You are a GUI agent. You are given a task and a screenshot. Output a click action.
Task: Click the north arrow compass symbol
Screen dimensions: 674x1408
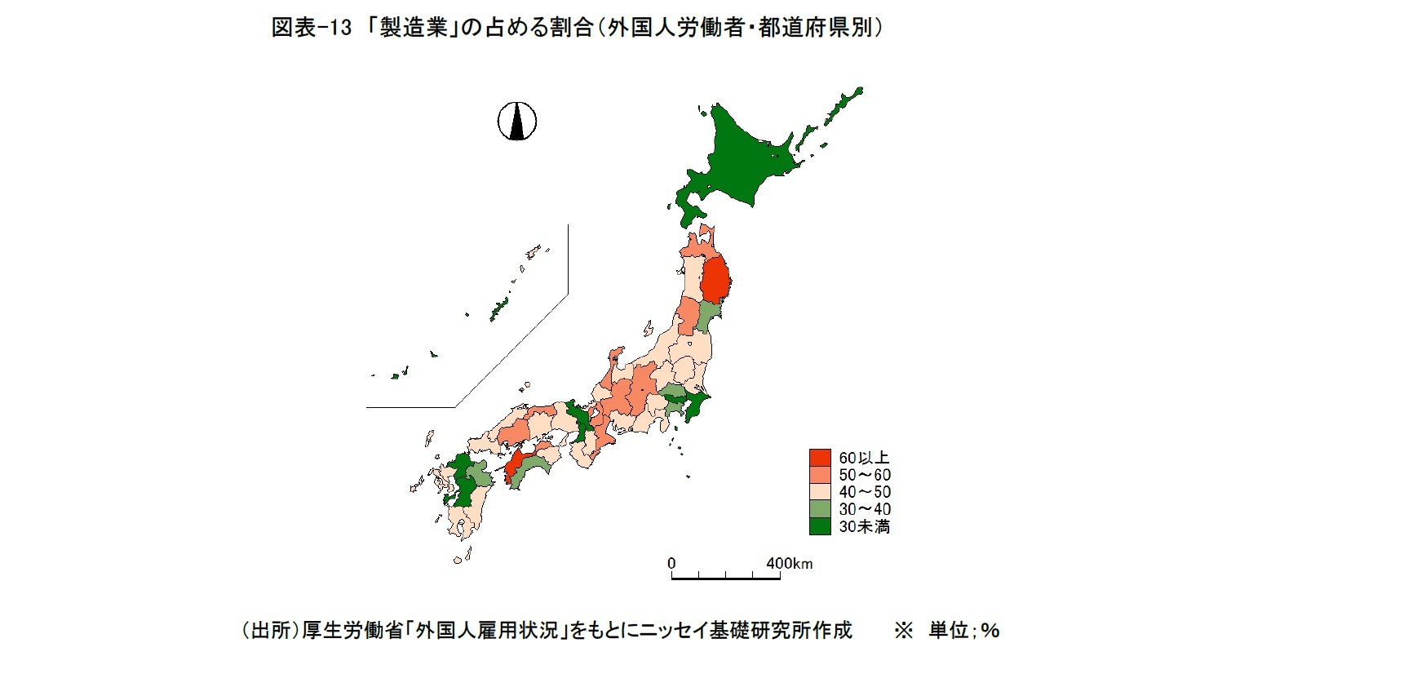[517, 122]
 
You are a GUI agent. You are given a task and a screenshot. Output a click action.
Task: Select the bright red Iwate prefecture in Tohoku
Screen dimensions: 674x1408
[715, 280]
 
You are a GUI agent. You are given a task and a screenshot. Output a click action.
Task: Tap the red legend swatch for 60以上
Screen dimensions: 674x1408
[820, 458]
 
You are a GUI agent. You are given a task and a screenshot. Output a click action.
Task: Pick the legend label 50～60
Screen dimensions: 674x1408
[865, 475]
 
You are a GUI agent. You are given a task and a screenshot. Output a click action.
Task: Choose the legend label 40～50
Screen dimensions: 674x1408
[865, 492]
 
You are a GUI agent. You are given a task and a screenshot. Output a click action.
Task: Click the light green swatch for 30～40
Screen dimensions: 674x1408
[820, 509]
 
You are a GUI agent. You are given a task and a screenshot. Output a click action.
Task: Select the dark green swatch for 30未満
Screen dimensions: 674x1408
[820, 526]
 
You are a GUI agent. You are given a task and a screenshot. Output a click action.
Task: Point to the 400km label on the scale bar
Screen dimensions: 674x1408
[789, 563]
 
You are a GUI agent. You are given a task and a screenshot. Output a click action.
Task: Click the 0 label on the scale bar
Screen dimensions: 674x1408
[671, 563]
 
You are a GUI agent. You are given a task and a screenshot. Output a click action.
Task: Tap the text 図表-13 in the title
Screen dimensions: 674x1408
[311, 28]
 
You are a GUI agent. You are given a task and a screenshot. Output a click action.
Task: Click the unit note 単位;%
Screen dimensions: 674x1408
[963, 630]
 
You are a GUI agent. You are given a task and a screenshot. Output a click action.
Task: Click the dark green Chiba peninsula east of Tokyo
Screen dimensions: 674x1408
[696, 405]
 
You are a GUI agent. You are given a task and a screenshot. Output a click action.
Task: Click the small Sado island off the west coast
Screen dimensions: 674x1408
[649, 328]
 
